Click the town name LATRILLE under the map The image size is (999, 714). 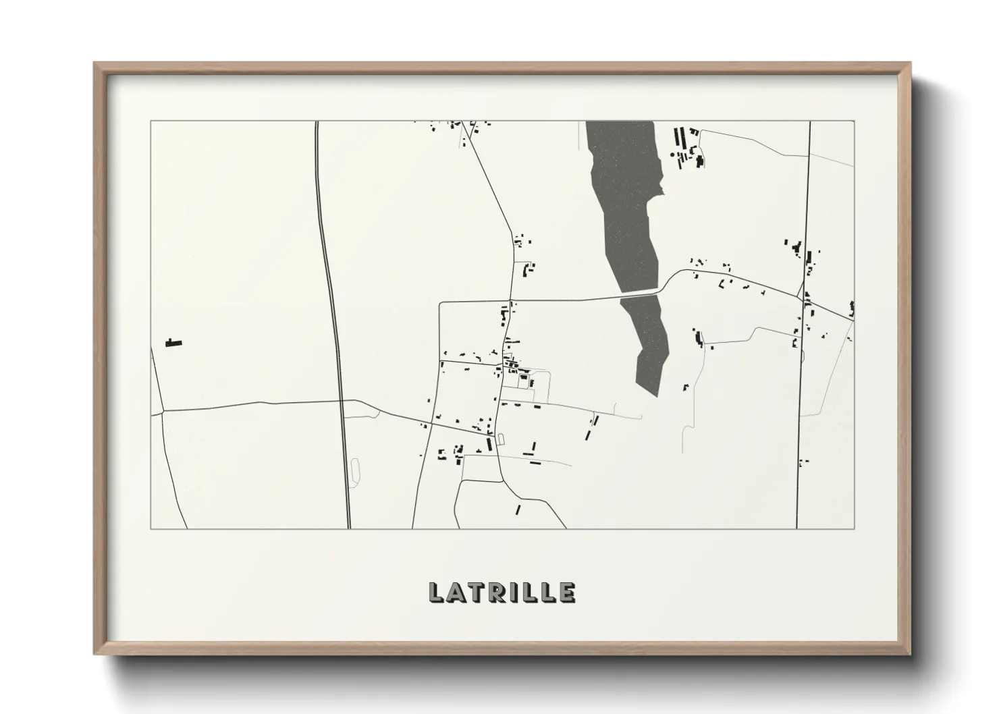(x=502, y=592)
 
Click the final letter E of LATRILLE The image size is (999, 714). (x=568, y=592)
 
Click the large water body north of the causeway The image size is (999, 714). (x=624, y=202)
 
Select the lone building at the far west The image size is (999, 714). (x=174, y=344)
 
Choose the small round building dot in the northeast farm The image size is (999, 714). (x=672, y=155)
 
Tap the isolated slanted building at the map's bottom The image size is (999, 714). (x=518, y=510)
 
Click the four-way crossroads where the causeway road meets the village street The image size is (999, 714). (x=511, y=301)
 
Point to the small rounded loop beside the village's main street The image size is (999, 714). (x=500, y=439)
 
